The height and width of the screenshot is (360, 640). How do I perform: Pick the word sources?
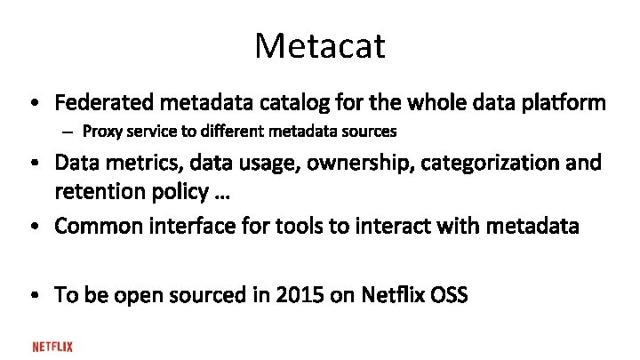pos(371,132)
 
